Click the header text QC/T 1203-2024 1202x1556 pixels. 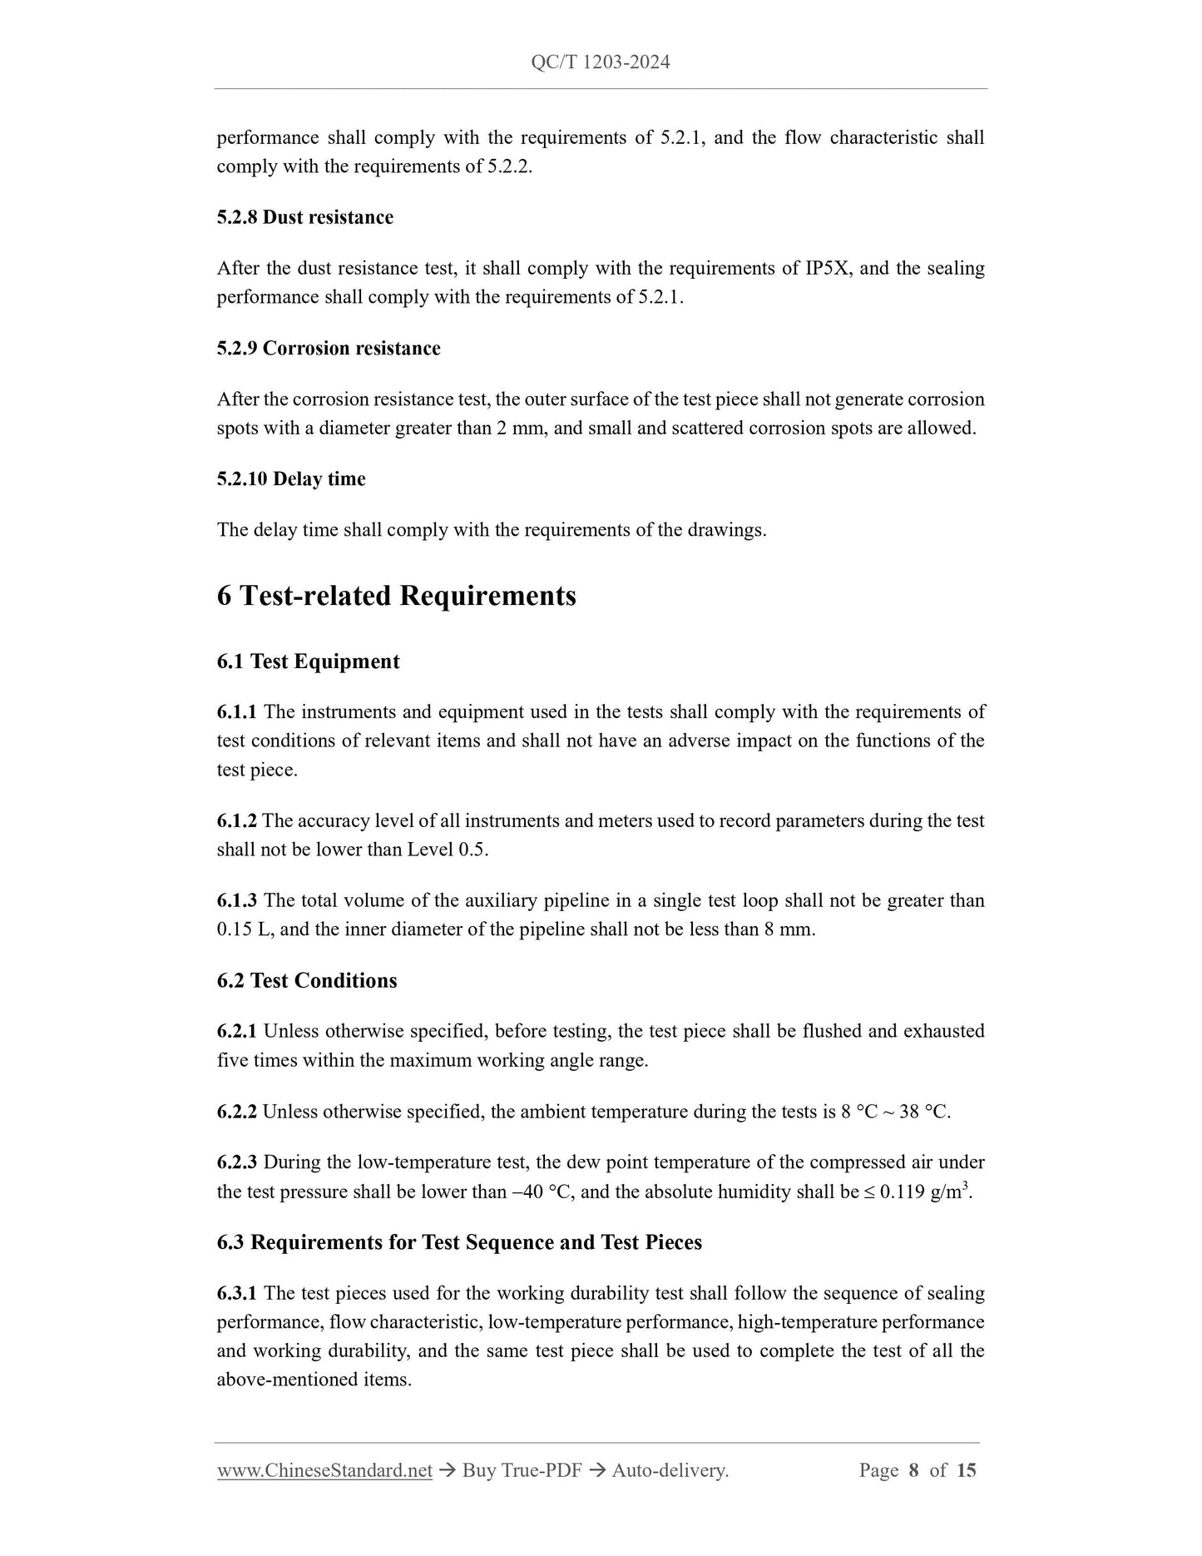coord(600,62)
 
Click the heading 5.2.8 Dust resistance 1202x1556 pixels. coord(304,217)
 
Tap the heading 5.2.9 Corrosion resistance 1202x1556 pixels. coord(329,348)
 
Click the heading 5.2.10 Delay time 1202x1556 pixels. coord(291,479)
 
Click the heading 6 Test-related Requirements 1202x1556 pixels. coord(396,596)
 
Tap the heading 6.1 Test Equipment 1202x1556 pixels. coord(308,662)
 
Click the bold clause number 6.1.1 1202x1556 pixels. coord(236,712)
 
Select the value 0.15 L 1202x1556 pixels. coord(245,929)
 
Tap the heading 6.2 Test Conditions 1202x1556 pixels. coord(307,981)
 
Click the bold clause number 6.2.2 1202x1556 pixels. coord(236,1112)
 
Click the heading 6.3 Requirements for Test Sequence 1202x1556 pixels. coord(459,1242)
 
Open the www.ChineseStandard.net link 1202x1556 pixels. coord(324,1470)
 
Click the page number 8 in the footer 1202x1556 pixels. coord(913,1470)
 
